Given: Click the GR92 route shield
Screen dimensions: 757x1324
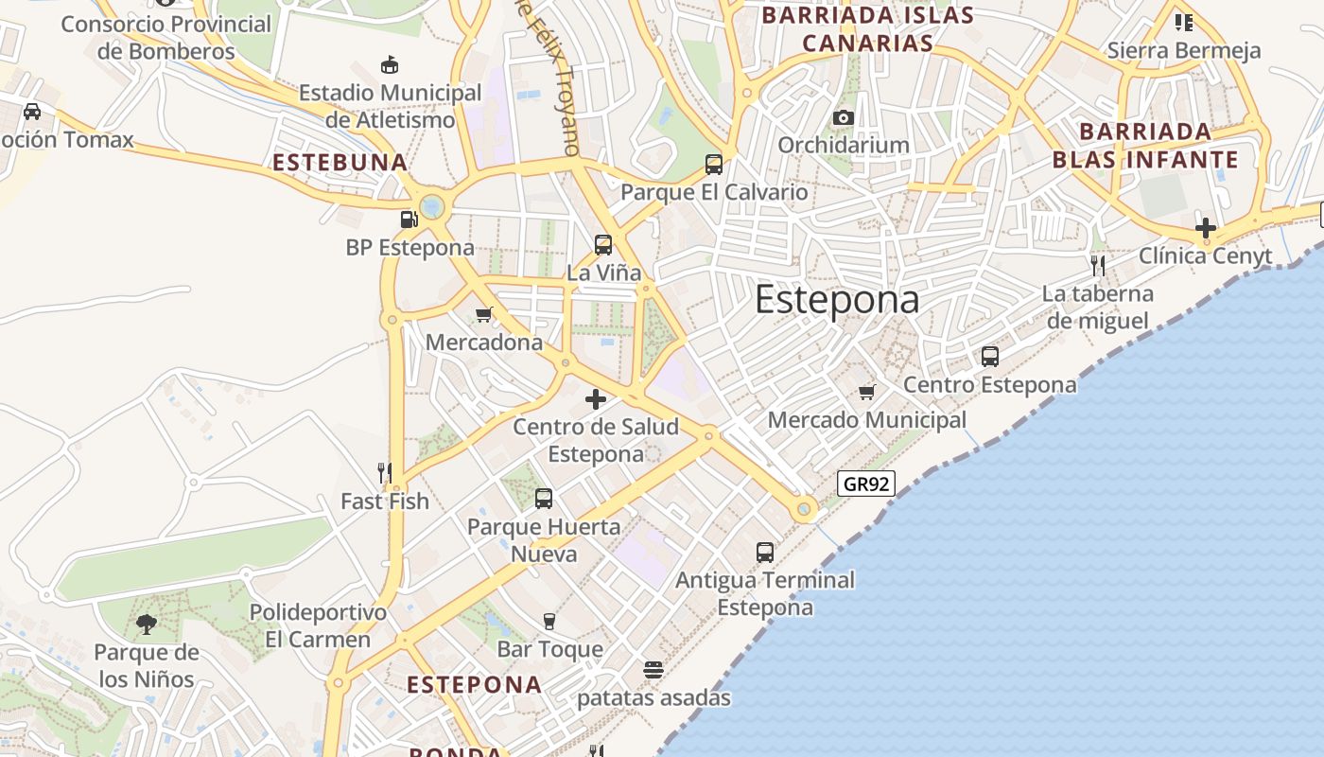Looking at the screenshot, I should coord(866,484).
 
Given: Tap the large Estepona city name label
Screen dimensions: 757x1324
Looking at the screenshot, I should coord(837,300).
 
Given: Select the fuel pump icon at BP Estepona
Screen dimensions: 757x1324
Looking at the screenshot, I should coord(409,220).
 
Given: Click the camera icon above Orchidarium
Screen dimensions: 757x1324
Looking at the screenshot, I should coord(844,117).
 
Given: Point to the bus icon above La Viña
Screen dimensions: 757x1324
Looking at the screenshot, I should coord(603,245).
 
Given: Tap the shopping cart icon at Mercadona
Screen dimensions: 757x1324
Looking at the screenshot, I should coord(484,314).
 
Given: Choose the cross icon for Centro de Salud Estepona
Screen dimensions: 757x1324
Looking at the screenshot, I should coord(596,399).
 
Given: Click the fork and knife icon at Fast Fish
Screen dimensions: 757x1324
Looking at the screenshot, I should coord(384,472).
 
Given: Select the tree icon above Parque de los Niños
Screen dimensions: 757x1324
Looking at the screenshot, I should coord(146,624).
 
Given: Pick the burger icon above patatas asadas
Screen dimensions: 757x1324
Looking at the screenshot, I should coord(653,670).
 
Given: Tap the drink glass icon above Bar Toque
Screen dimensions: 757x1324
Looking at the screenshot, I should coord(549,621).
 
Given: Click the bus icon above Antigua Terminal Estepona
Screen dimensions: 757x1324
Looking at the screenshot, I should coord(765,552).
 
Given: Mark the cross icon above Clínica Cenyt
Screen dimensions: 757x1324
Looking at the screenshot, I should coord(1206,228).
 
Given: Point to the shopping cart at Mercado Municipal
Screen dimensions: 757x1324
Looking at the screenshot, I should coord(867,392).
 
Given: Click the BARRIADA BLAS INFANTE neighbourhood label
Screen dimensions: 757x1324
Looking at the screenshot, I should coord(1145,145).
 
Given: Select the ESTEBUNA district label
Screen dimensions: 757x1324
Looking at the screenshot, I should coord(340,163).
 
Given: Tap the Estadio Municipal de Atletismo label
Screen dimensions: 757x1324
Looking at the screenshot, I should coord(391,106).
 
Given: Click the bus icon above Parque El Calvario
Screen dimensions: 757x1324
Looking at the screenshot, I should coord(714,165).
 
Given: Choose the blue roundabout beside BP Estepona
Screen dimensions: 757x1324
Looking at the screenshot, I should coord(433,205).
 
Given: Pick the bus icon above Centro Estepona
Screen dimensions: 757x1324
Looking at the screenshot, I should coord(990,357).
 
